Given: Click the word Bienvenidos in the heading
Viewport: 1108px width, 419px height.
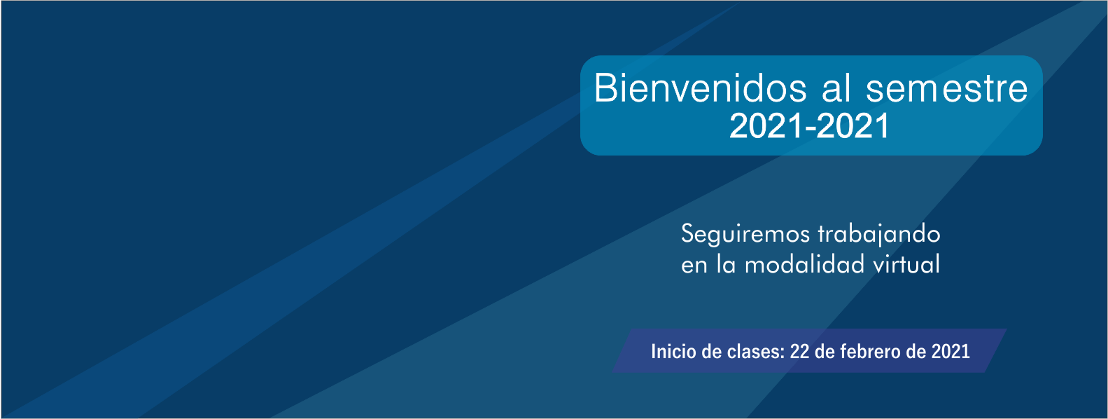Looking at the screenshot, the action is coord(701,88).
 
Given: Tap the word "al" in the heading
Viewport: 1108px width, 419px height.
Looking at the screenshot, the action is coord(836,88).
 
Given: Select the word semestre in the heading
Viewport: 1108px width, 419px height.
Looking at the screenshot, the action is coord(947,89).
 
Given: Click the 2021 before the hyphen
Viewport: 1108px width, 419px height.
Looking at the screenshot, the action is coord(766,126).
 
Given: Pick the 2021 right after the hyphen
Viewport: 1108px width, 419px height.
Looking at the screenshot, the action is coord(853,126).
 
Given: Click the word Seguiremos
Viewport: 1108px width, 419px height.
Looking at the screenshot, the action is coord(746,234).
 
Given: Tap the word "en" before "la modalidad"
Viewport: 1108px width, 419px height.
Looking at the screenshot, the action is coord(694,265).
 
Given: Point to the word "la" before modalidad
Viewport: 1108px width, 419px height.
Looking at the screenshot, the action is coord(726,263).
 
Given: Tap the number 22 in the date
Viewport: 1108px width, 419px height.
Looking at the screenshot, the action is coord(799,352).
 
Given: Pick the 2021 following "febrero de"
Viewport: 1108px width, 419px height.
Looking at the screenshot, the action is coord(951,352).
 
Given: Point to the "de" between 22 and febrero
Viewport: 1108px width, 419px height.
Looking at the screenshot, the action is coord(825,352).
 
